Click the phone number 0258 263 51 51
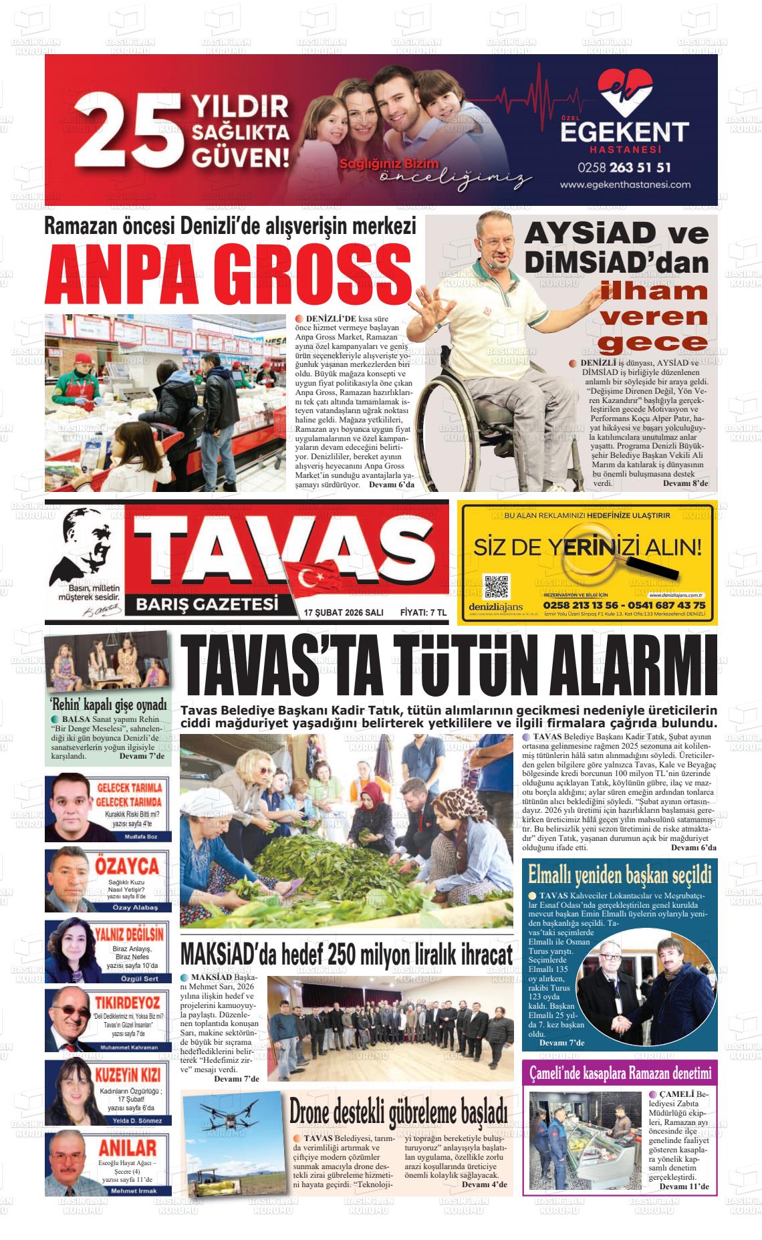pos(625,166)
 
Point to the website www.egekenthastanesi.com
pos(625,184)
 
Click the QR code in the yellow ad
pos(496,587)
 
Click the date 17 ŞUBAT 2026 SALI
pos(343,612)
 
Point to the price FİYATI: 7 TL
pos(422,612)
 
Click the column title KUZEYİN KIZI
pos(128,1076)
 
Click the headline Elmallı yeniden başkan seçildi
pos(619,874)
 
